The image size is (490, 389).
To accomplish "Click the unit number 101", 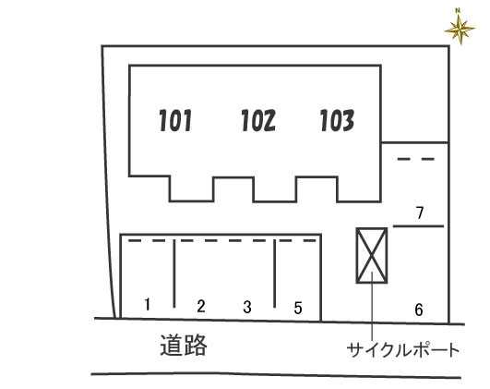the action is click(175, 120).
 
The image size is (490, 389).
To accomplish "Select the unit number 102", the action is click(258, 120).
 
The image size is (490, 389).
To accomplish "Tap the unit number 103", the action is click(337, 120).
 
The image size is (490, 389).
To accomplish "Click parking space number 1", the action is click(148, 304).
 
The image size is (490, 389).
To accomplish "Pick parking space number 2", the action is click(201, 306).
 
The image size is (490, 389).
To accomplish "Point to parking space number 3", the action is click(247, 307).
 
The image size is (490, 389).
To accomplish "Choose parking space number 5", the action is click(298, 308).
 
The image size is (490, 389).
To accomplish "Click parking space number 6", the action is click(419, 310).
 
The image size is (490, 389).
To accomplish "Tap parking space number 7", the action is click(420, 213).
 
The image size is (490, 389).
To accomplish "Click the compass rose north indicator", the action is click(460, 29).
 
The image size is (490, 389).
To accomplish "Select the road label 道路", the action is click(184, 345).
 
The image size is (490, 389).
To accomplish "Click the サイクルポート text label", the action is click(403, 349).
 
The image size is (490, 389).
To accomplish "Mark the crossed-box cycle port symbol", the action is click(372, 256).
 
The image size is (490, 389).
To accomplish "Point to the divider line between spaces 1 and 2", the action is click(174, 274).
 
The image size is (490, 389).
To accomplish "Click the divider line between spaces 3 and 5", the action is click(274, 274).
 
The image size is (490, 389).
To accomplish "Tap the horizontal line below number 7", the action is click(418, 226).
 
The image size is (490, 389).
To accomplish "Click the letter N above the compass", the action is click(458, 10).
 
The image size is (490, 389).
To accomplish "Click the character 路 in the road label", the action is click(196, 345).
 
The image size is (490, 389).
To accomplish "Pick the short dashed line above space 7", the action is click(415, 159).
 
